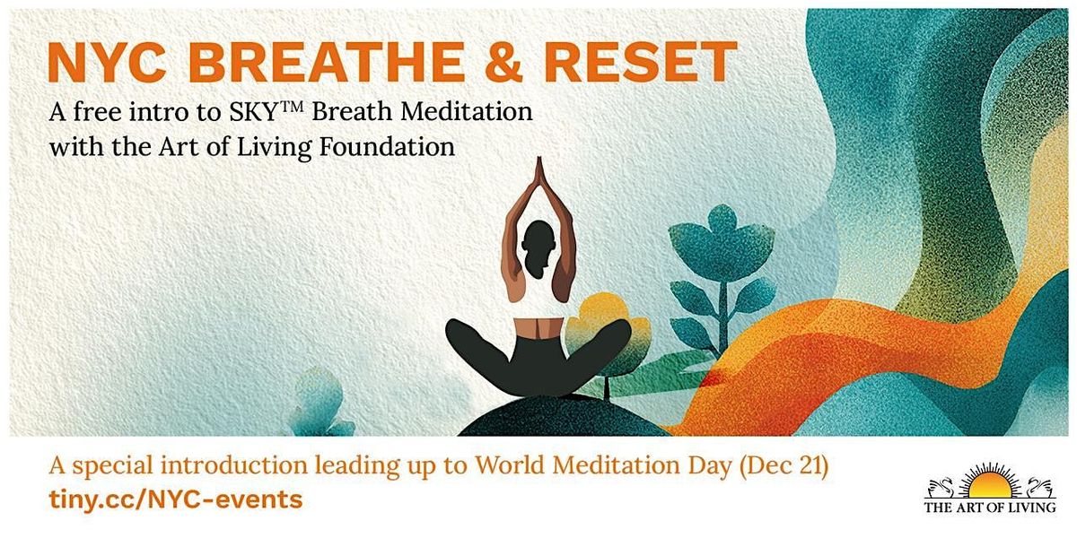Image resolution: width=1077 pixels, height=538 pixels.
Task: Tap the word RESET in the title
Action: pos(642,63)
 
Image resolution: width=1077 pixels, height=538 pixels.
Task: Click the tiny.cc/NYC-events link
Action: pos(176,499)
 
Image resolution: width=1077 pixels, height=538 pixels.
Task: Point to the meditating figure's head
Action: pos(538,240)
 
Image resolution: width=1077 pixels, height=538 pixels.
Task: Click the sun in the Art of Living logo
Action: pos(991,484)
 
